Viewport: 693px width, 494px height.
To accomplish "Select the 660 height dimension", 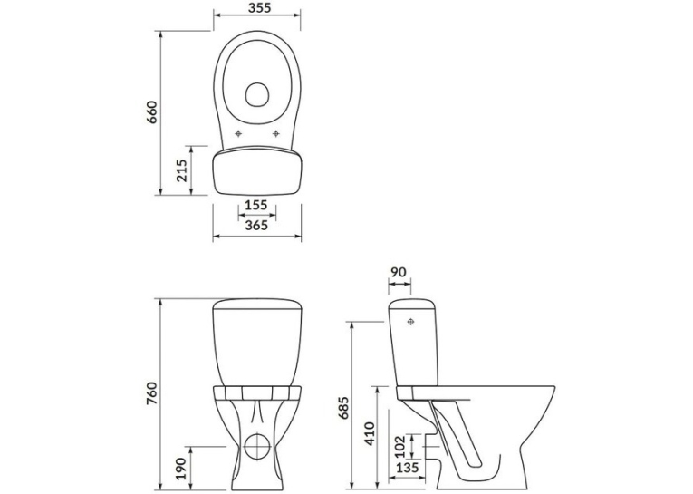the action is click(151, 112).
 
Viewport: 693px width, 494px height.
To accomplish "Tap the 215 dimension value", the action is click(181, 170).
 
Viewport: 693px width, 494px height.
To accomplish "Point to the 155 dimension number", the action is click(256, 205).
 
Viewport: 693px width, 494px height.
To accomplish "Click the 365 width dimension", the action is click(256, 226).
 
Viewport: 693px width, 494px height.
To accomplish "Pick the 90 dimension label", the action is click(399, 272).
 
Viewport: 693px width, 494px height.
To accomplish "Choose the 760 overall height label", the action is click(151, 392).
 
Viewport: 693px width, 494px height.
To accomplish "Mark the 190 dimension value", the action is click(181, 470).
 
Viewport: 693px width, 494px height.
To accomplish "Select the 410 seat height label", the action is click(369, 433).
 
